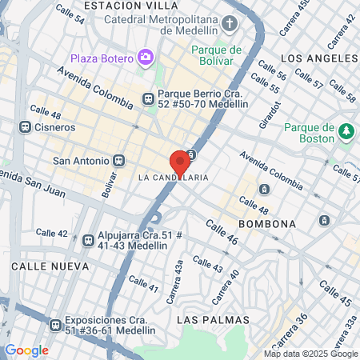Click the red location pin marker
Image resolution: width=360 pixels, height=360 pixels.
(x=180, y=162)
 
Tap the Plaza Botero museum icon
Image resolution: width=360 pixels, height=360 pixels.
(x=146, y=57)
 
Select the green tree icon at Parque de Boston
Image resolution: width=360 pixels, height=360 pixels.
(x=346, y=130)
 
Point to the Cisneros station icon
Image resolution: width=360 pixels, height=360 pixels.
(x=26, y=126)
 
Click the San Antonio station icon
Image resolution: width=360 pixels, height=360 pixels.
(x=119, y=159)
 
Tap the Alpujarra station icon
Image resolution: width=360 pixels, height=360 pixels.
(x=88, y=238)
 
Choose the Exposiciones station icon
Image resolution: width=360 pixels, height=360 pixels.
(x=55, y=325)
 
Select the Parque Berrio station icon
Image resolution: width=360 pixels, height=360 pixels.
(x=147, y=98)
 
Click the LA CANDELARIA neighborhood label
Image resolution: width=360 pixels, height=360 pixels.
(x=174, y=177)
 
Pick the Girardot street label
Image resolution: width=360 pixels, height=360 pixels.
(x=274, y=117)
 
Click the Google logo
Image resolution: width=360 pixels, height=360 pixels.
(x=26, y=350)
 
